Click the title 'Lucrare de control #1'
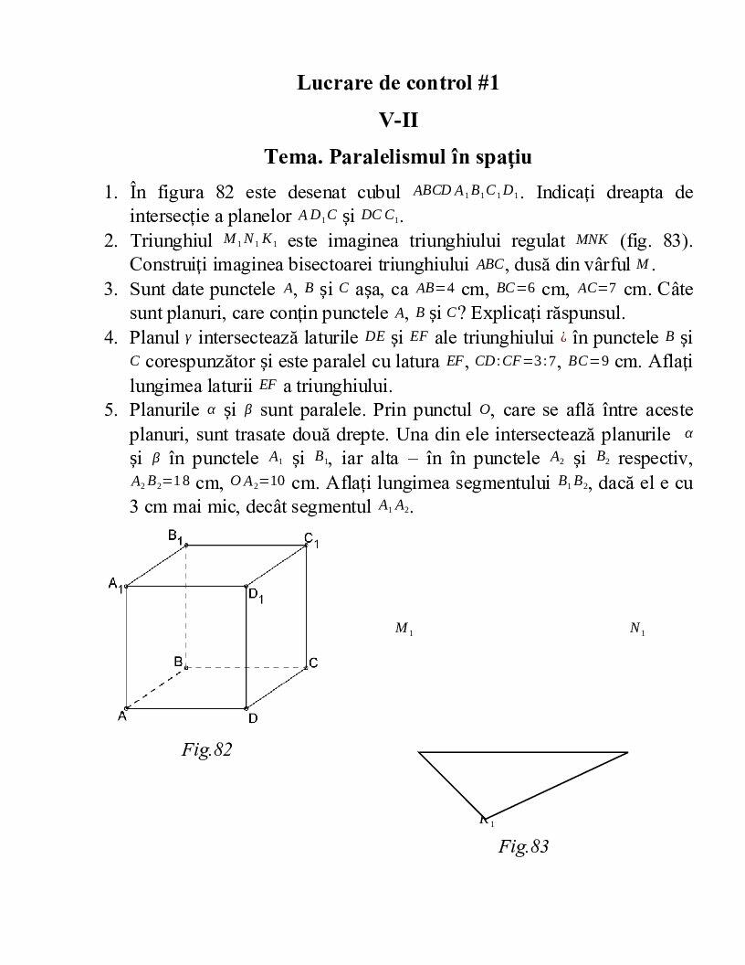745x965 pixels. (399, 83)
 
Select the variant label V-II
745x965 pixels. (399, 120)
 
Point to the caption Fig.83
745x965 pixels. (523, 846)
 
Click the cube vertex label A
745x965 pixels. (121, 717)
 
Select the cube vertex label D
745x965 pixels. (253, 718)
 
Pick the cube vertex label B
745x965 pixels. (179, 661)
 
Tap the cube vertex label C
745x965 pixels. (312, 663)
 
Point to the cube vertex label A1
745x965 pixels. (115, 584)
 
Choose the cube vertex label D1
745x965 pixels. (256, 596)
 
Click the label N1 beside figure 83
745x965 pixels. (636, 629)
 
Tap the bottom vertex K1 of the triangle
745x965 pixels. (487, 820)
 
